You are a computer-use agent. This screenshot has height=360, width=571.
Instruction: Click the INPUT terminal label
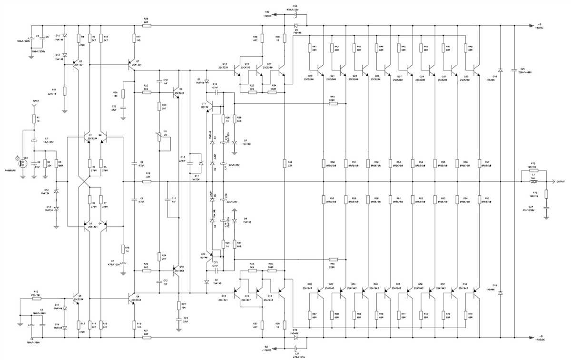tap(35, 101)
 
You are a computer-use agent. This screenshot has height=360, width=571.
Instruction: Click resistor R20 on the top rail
tap(146, 25)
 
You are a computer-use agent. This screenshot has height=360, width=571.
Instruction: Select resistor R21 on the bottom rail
tap(146, 337)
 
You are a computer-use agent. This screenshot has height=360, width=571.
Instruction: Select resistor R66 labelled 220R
tap(333, 260)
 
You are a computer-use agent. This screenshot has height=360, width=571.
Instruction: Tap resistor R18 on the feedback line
tap(148, 181)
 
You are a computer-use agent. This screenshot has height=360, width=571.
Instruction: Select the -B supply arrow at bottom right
tap(531, 338)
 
